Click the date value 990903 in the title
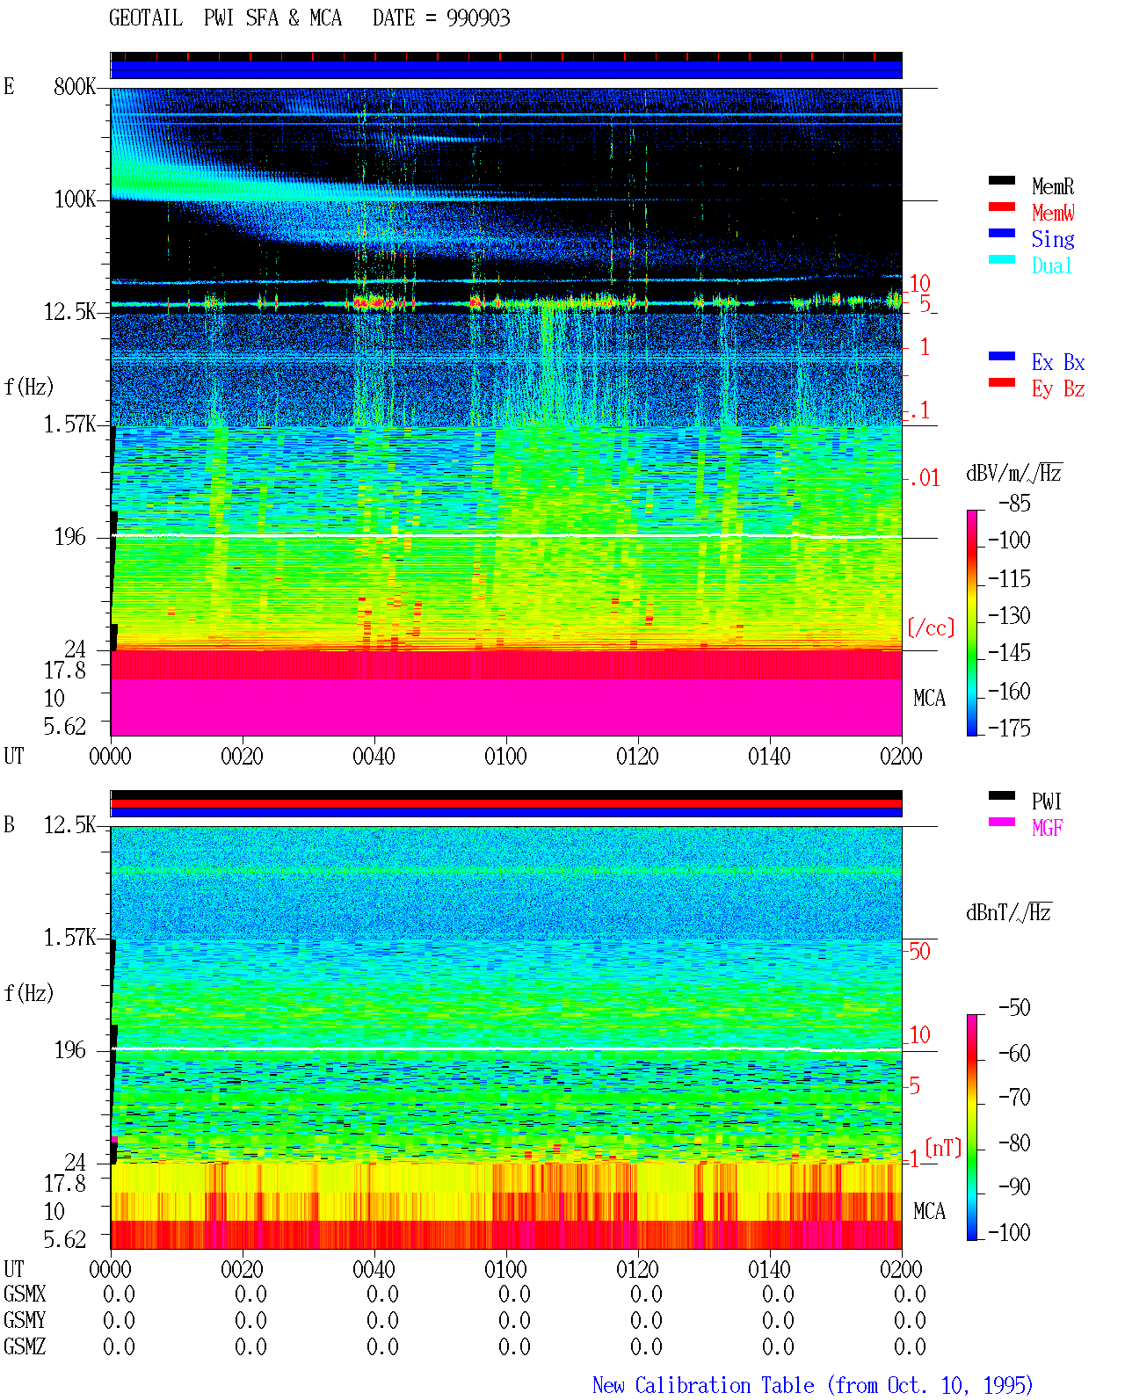tap(478, 18)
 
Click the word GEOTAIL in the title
tap(146, 18)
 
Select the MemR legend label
tap(1053, 186)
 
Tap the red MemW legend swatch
tap(1001, 207)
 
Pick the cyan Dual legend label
tap(1052, 265)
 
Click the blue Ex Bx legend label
tap(1058, 362)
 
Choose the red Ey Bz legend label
tap(1058, 389)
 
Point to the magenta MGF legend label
tap(1047, 828)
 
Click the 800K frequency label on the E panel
tap(75, 86)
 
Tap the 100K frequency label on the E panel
tap(75, 199)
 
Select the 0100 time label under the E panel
tap(505, 756)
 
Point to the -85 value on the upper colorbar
tap(1014, 503)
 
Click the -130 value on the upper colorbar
tap(1009, 615)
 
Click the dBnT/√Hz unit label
tap(1009, 912)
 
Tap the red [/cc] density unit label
tap(931, 627)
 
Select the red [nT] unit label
tap(943, 1147)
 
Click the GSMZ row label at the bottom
tap(25, 1346)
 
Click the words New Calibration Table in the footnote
tap(703, 1385)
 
